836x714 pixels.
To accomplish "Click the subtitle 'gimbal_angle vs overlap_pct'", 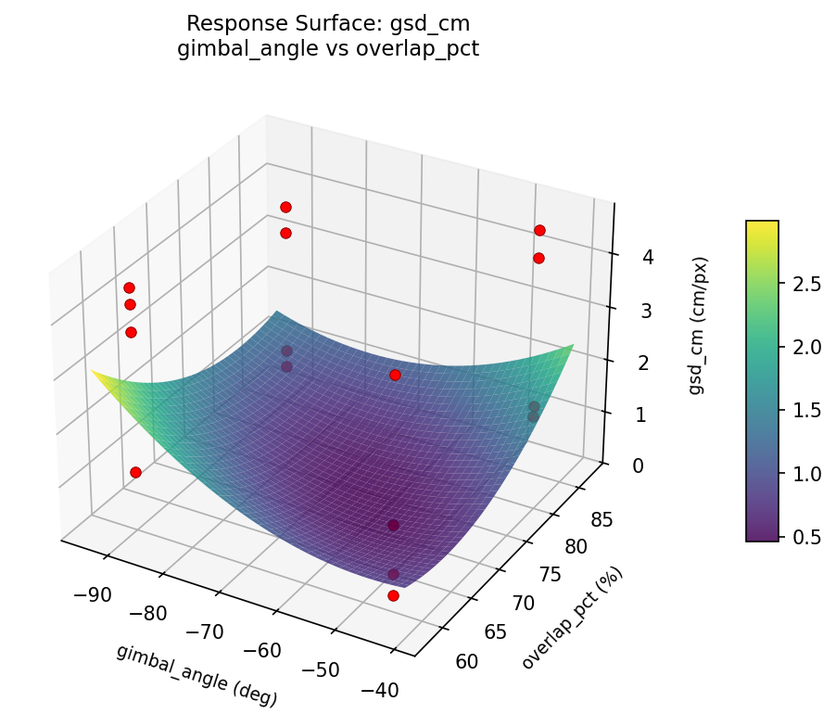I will point(327,49).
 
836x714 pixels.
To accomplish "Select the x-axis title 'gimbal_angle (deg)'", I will point(196,674).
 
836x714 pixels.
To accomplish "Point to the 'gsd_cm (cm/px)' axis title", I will point(696,325).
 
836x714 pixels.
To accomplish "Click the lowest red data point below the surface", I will point(393,595).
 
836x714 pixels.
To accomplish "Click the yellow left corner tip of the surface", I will point(93,371).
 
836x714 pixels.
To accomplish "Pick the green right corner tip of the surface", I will point(573,346).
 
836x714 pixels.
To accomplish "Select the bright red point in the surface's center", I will point(395,375).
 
